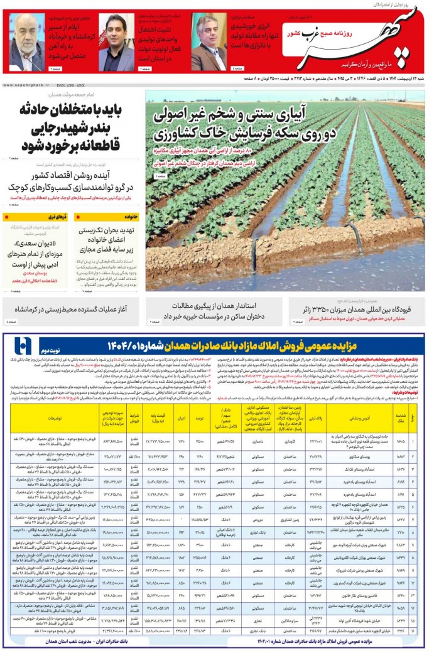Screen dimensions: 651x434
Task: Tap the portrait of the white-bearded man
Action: click(x=26, y=41)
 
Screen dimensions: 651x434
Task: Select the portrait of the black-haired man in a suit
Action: click(x=116, y=42)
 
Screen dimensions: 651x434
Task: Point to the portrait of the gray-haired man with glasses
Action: click(x=209, y=42)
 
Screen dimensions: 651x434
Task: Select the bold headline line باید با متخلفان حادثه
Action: click(x=73, y=111)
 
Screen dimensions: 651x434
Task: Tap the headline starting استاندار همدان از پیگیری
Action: click(x=217, y=306)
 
